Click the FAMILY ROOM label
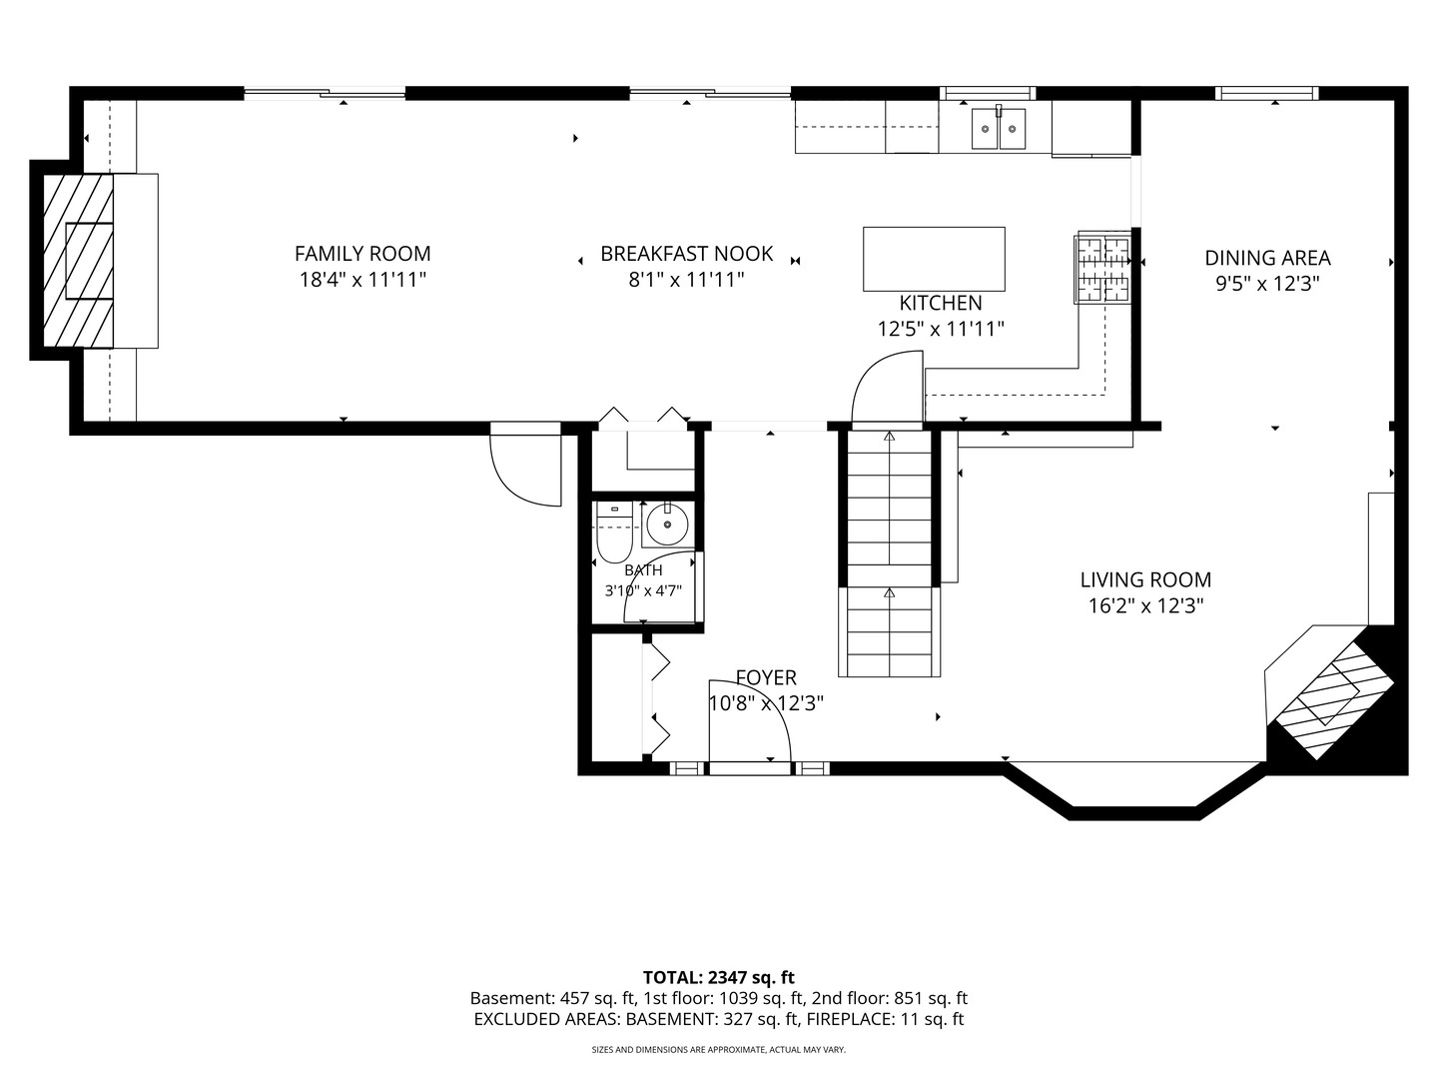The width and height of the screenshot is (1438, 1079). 362,254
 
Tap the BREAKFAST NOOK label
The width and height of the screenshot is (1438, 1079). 687,254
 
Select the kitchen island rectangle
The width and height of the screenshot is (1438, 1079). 934,259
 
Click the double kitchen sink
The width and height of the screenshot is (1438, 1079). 999,129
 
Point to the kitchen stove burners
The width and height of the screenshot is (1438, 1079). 1103,268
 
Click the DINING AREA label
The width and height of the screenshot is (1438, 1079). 1267,258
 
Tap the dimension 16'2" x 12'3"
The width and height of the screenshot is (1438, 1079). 1145,606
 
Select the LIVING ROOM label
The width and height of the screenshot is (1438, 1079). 1145,579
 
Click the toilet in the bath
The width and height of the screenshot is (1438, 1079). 614,533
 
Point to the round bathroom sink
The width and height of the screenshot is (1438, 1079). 668,525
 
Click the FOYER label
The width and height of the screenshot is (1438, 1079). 766,677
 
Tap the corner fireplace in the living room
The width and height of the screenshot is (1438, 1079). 1330,695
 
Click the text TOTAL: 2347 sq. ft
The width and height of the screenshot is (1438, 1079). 719,977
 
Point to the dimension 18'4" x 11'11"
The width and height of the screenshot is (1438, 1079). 362,280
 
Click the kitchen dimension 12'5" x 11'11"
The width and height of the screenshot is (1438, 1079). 941,329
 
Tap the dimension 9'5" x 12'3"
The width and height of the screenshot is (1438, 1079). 1267,284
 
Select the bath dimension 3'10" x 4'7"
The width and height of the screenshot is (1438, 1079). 643,590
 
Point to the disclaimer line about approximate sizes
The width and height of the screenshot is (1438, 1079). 719,1049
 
